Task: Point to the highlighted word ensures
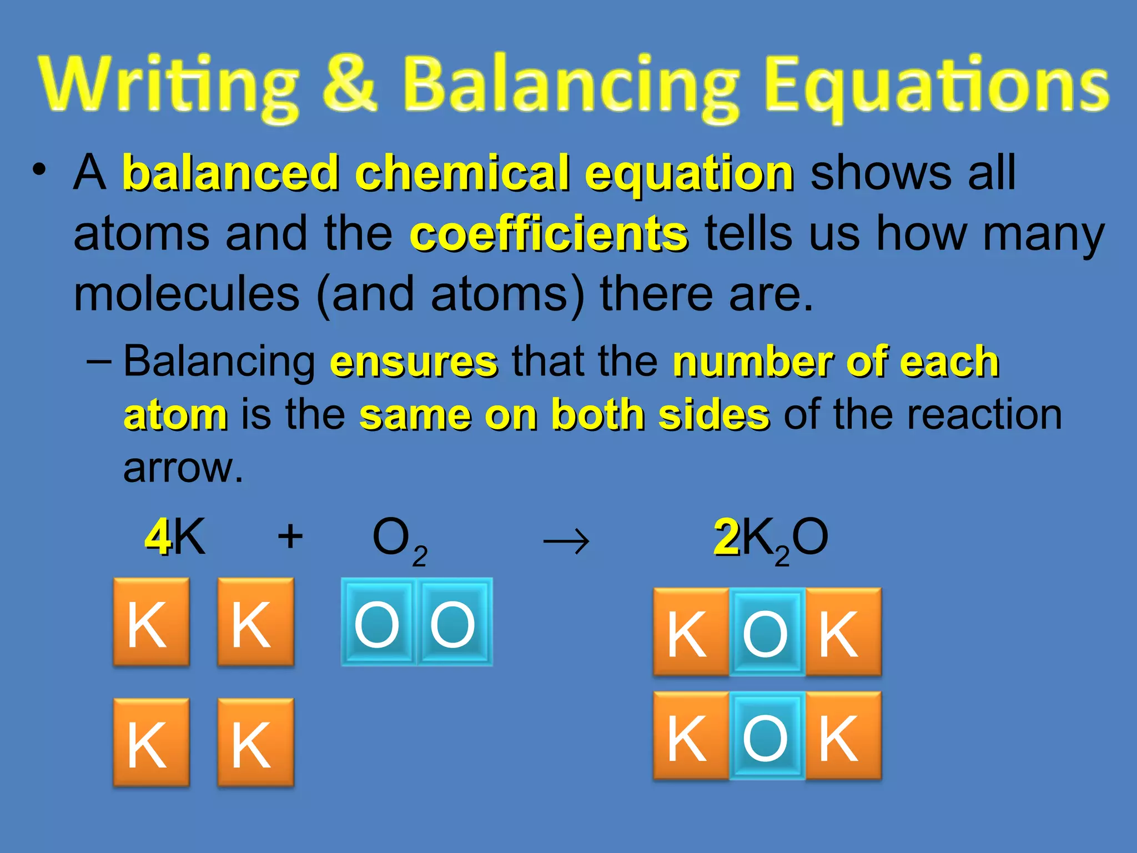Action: (x=414, y=362)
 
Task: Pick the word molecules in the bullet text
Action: (x=187, y=294)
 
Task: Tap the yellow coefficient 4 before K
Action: (x=158, y=537)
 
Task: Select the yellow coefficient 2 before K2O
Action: (x=726, y=537)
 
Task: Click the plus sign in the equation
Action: (x=290, y=537)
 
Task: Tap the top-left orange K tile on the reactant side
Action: (x=151, y=622)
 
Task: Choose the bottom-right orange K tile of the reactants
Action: (x=255, y=742)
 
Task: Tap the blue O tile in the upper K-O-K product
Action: (x=766, y=632)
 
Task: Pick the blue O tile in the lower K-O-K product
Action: (x=766, y=736)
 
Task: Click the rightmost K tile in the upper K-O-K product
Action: (x=843, y=632)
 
